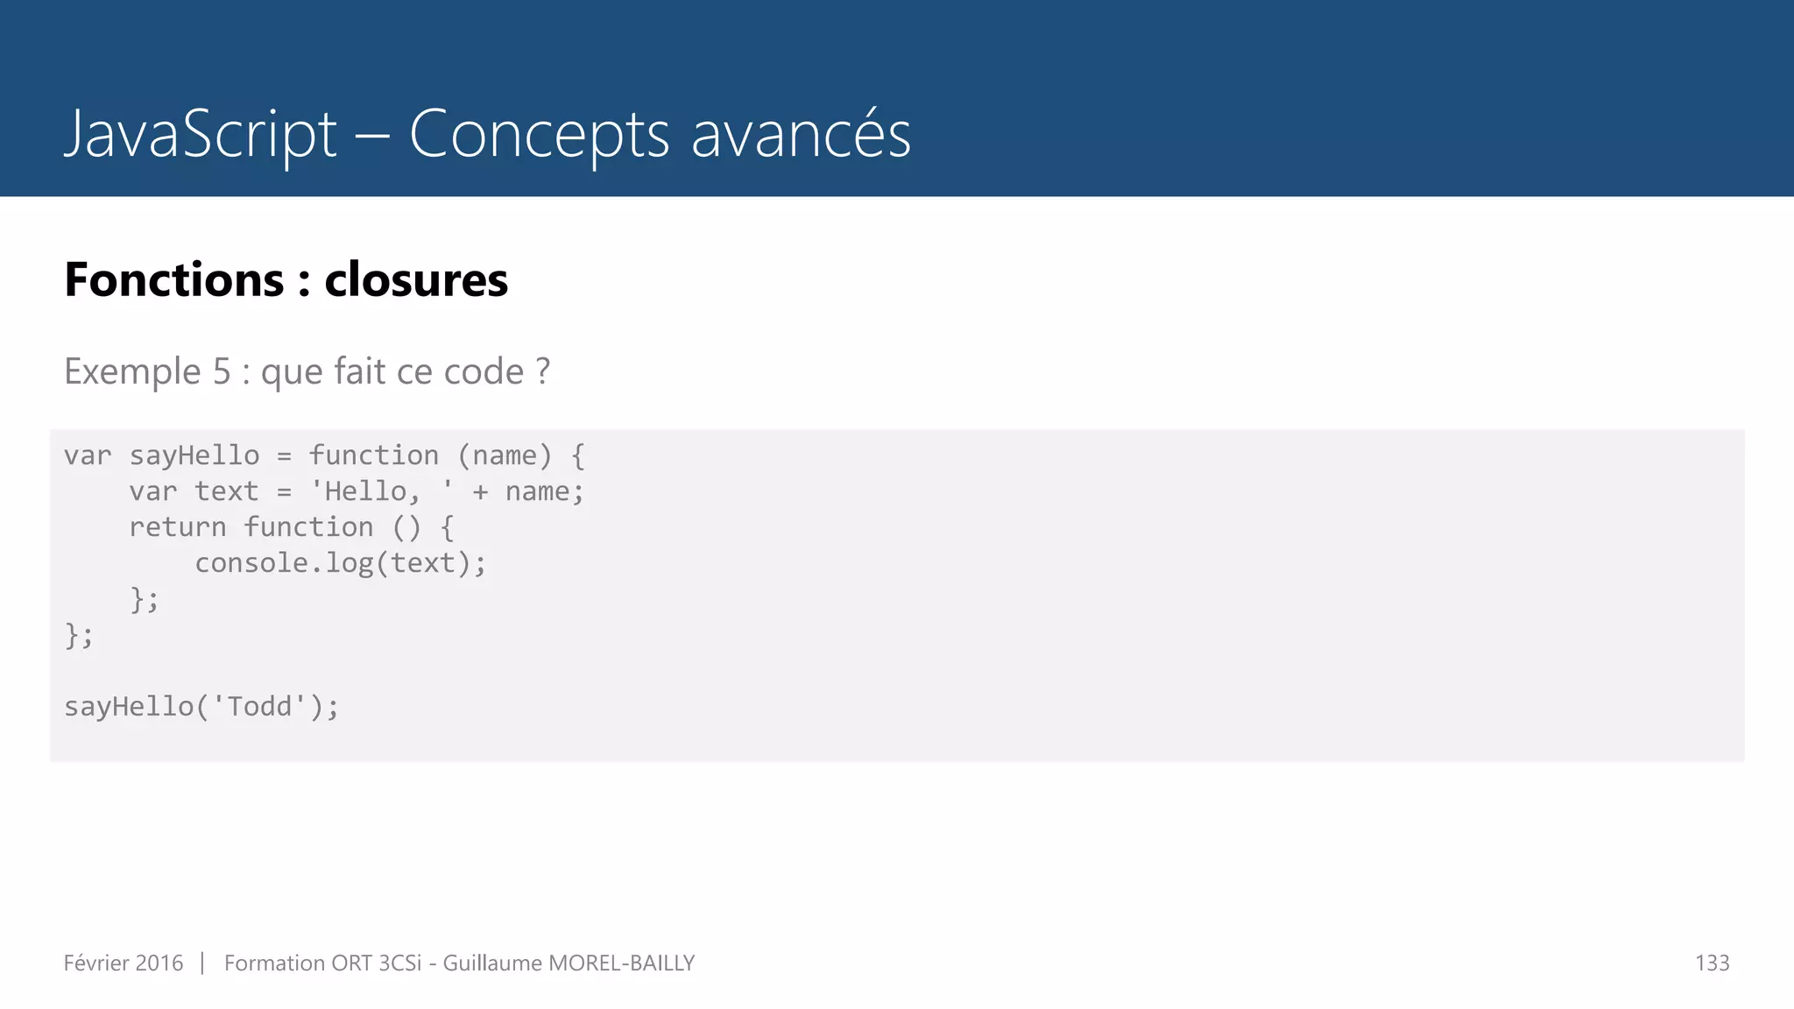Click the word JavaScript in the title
[201, 135]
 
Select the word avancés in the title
[801, 135]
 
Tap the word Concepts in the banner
[539, 135]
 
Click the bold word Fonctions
[174, 280]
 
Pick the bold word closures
[416, 280]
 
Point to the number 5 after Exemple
[222, 371]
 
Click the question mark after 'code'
[543, 371]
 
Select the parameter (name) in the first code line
[505, 455]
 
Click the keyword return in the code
[178, 527]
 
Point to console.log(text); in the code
[340, 563]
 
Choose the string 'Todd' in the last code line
[259, 707]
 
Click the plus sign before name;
[480, 492]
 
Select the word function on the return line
[308, 527]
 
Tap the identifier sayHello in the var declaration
[194, 455]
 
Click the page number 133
[1712, 963]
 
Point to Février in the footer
[96, 963]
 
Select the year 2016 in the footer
[159, 963]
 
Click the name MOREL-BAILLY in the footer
[621, 963]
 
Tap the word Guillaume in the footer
[492, 963]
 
